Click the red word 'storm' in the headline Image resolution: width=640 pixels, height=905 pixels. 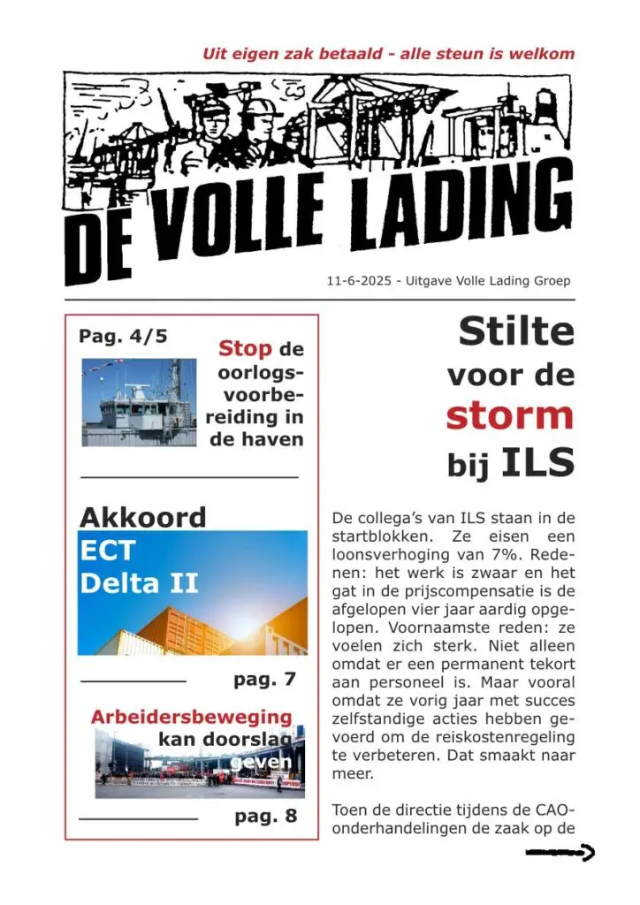click(x=509, y=415)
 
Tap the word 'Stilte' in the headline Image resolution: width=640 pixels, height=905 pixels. click(x=516, y=332)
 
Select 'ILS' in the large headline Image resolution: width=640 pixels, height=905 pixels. click(x=538, y=462)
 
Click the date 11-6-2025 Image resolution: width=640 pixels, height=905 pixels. click(x=357, y=281)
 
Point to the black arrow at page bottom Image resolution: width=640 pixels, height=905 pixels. click(x=560, y=853)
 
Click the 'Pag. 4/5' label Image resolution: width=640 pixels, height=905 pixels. click(x=123, y=337)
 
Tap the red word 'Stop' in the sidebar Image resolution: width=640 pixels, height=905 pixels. click(x=245, y=348)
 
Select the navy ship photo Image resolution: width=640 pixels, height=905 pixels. click(x=139, y=401)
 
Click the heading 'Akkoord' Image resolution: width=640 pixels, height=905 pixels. click(x=142, y=517)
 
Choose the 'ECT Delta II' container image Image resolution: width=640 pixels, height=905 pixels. click(x=193, y=592)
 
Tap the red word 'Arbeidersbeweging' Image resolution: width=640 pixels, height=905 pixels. click(x=191, y=717)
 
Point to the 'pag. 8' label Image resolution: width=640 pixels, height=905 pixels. click(x=265, y=816)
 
